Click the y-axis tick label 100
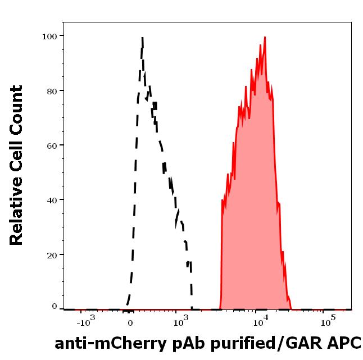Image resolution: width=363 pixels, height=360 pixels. pos(50,36)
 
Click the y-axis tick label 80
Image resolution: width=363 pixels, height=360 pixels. pos(52,90)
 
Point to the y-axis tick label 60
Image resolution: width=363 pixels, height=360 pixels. pos(52,145)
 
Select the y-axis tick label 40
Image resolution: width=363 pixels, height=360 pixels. pos(52,199)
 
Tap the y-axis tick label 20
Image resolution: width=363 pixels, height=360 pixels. pos(52,254)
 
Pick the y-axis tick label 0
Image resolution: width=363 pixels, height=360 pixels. pos(55,307)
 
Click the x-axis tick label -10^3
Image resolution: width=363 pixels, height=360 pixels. pos(87,322)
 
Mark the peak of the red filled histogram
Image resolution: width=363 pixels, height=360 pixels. pos(265,37)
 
